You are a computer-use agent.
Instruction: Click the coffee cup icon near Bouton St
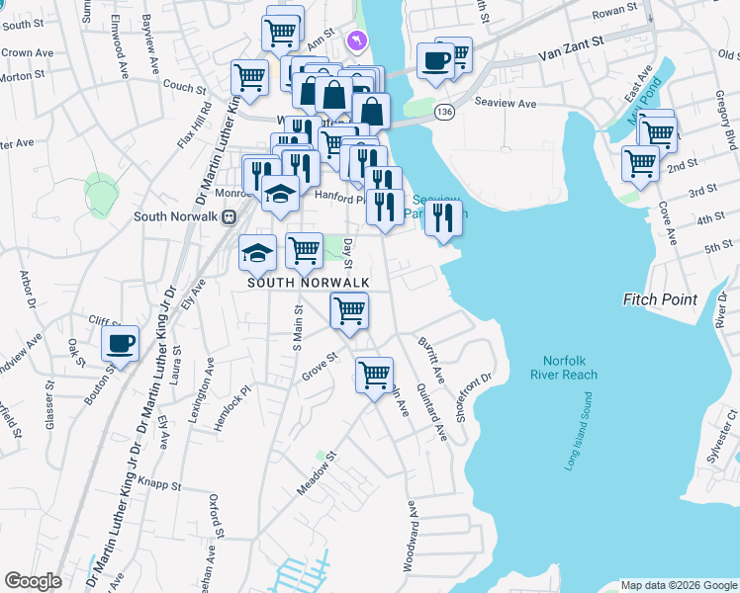[x=120, y=344]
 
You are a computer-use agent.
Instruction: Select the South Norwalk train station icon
[x=229, y=216]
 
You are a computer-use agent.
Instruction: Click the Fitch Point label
[x=661, y=299]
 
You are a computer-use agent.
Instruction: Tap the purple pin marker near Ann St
[x=357, y=41]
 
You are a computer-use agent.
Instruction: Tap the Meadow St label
[x=319, y=474]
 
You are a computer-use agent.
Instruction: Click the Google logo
[x=33, y=581]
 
